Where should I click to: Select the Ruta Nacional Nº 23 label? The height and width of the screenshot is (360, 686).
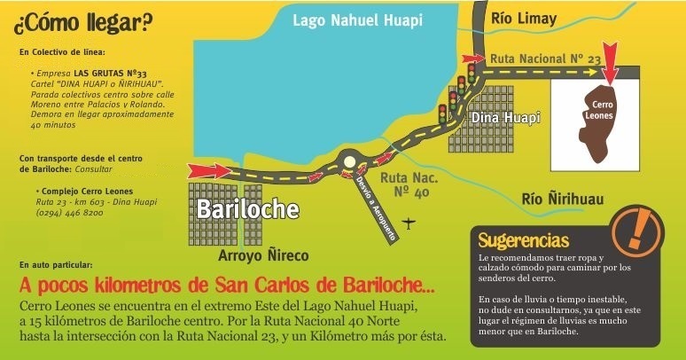545,58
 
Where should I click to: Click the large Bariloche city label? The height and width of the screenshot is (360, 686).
247,209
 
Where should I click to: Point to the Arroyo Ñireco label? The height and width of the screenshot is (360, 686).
263,256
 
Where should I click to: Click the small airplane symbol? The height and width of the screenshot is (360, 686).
409,221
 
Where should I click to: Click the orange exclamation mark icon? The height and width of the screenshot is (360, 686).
637,227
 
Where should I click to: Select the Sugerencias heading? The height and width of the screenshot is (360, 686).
523,239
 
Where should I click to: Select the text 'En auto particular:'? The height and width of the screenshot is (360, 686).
54,265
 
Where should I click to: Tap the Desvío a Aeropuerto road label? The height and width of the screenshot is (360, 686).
374,194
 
